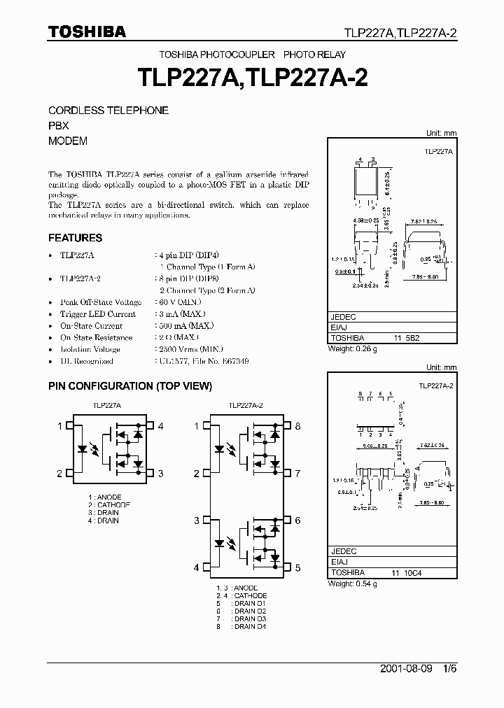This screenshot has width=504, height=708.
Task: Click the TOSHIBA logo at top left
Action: [x=87, y=31]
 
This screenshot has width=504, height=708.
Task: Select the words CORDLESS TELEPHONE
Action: [x=108, y=111]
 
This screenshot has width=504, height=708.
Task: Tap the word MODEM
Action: [x=68, y=141]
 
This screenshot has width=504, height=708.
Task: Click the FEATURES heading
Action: [x=76, y=238]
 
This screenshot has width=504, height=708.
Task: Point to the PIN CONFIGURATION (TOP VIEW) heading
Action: [x=129, y=386]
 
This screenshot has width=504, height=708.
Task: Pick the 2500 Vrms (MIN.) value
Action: [x=188, y=349]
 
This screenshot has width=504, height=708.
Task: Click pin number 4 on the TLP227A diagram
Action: [x=161, y=425]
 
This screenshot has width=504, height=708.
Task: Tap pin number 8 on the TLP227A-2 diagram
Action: [x=297, y=425]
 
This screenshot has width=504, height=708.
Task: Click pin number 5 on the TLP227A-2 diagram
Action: [x=297, y=568]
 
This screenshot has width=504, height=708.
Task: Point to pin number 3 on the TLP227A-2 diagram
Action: [x=197, y=521]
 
